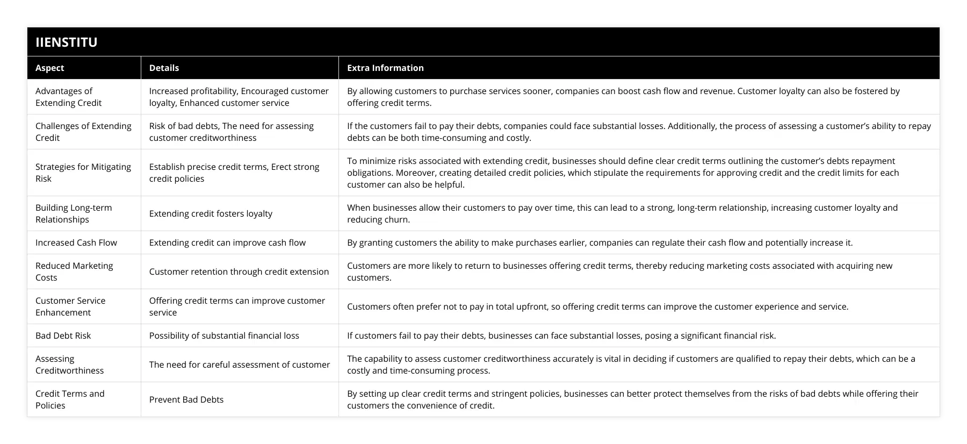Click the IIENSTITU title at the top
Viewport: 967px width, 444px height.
coord(66,42)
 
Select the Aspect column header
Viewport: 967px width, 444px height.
coord(49,68)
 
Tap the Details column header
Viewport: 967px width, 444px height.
coord(164,68)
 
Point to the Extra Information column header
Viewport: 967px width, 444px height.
coord(385,68)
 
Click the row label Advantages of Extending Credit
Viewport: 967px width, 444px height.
coord(68,97)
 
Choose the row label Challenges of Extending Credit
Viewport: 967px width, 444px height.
coord(83,132)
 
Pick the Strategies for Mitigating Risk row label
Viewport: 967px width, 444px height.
coord(83,173)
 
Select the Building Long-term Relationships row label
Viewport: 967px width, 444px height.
coord(74,213)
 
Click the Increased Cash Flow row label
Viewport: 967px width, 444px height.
coord(76,242)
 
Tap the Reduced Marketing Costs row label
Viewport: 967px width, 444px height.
coord(74,271)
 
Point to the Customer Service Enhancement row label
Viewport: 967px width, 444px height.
coord(70,306)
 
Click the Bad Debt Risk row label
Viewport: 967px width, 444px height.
coord(63,335)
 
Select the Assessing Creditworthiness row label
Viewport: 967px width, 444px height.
coord(69,364)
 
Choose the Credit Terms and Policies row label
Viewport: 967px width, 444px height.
coord(70,399)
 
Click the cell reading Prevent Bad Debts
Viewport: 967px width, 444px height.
coord(186,399)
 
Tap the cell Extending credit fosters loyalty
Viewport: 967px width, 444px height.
coord(211,213)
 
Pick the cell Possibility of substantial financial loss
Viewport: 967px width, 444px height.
coord(224,335)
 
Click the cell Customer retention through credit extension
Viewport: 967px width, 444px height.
coord(239,271)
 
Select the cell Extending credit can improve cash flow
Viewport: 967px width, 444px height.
coord(227,242)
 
